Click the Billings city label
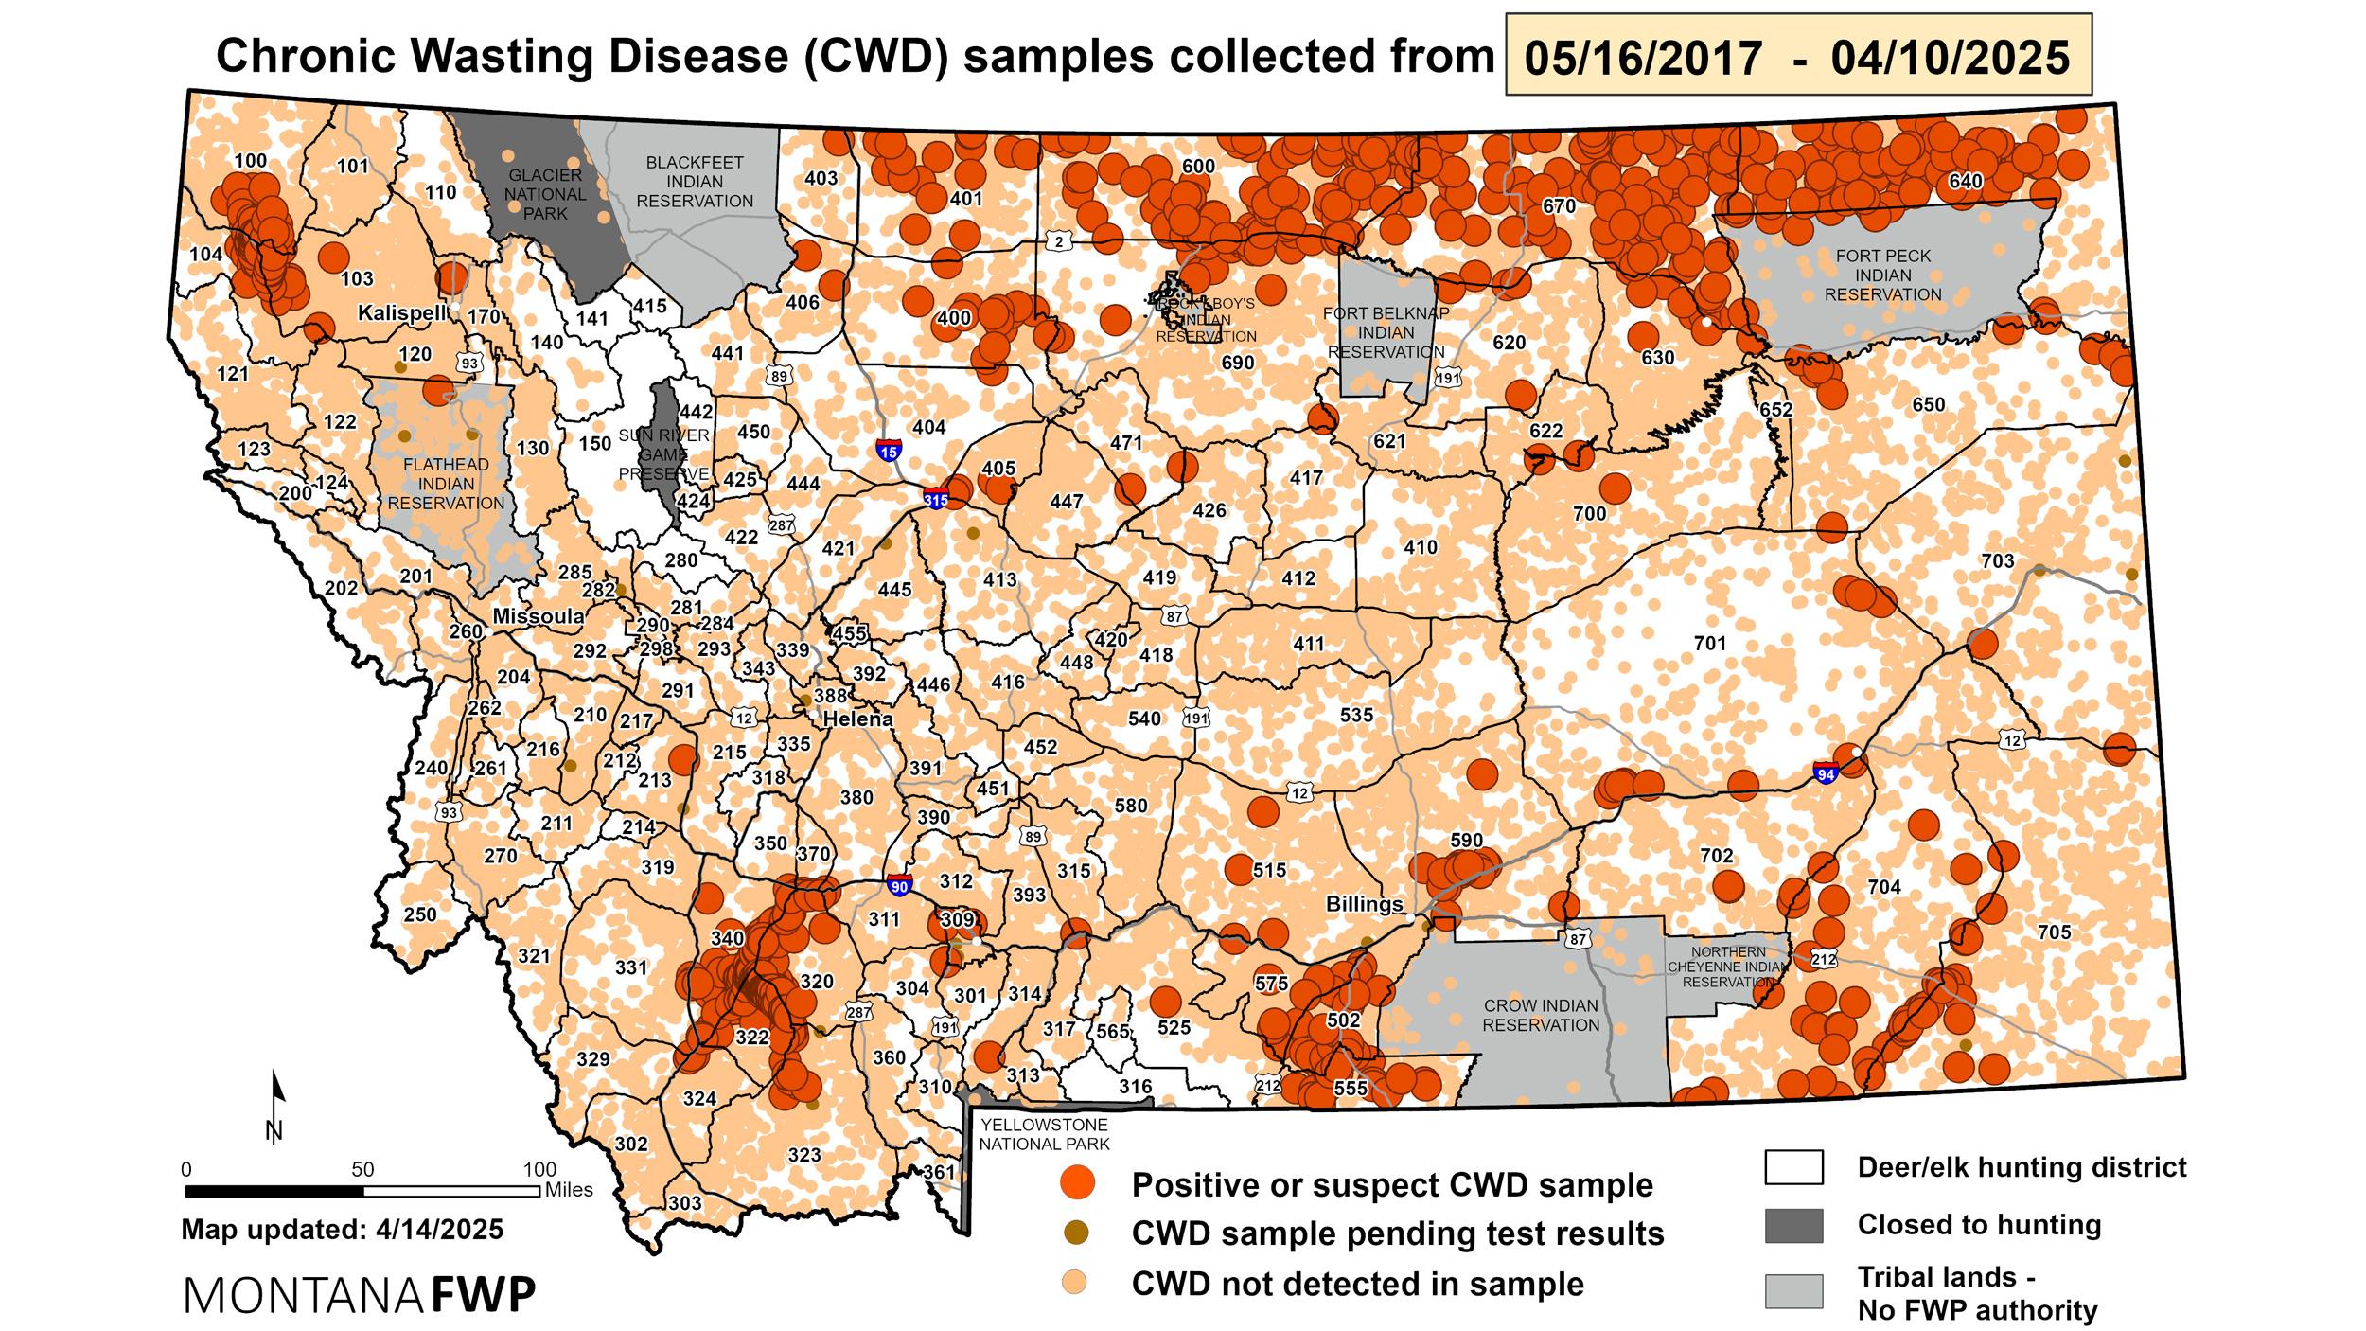click(1364, 904)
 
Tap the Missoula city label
click(539, 616)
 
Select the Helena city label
click(857, 719)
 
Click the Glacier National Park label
click(545, 194)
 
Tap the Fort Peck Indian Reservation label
click(1882, 275)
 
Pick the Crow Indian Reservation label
click(1541, 1015)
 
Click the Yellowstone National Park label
click(1043, 1134)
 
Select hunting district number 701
click(1709, 644)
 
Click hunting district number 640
click(1965, 181)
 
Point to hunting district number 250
click(420, 914)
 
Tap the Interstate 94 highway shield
click(1826, 772)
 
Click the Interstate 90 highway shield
click(900, 886)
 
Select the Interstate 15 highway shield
click(888, 451)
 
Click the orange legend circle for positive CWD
click(1077, 1183)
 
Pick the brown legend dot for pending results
click(1077, 1233)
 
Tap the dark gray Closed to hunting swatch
click(1793, 1225)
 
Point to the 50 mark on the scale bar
click(362, 1169)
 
